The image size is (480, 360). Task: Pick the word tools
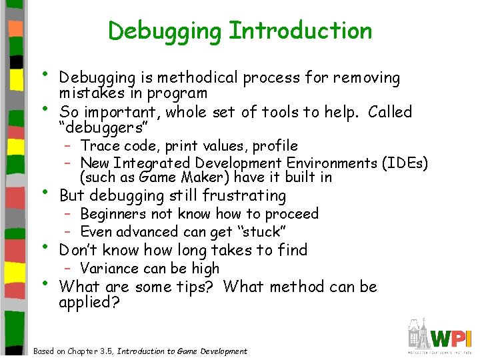point(286,112)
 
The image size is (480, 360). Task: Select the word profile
point(274,146)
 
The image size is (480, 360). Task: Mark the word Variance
point(108,269)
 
